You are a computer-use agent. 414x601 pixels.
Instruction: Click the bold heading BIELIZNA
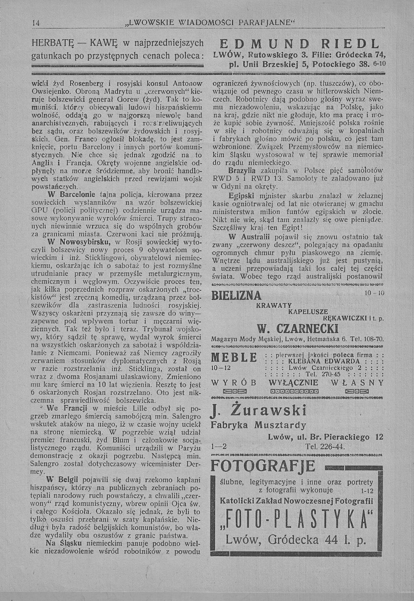236,296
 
